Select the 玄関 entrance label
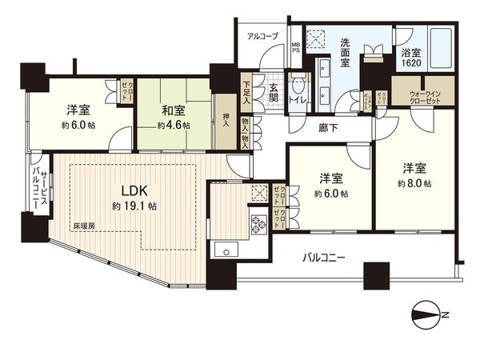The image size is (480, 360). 273,92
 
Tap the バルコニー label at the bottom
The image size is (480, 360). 323,258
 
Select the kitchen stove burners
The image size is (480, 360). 259,224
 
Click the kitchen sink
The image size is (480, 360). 225,249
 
